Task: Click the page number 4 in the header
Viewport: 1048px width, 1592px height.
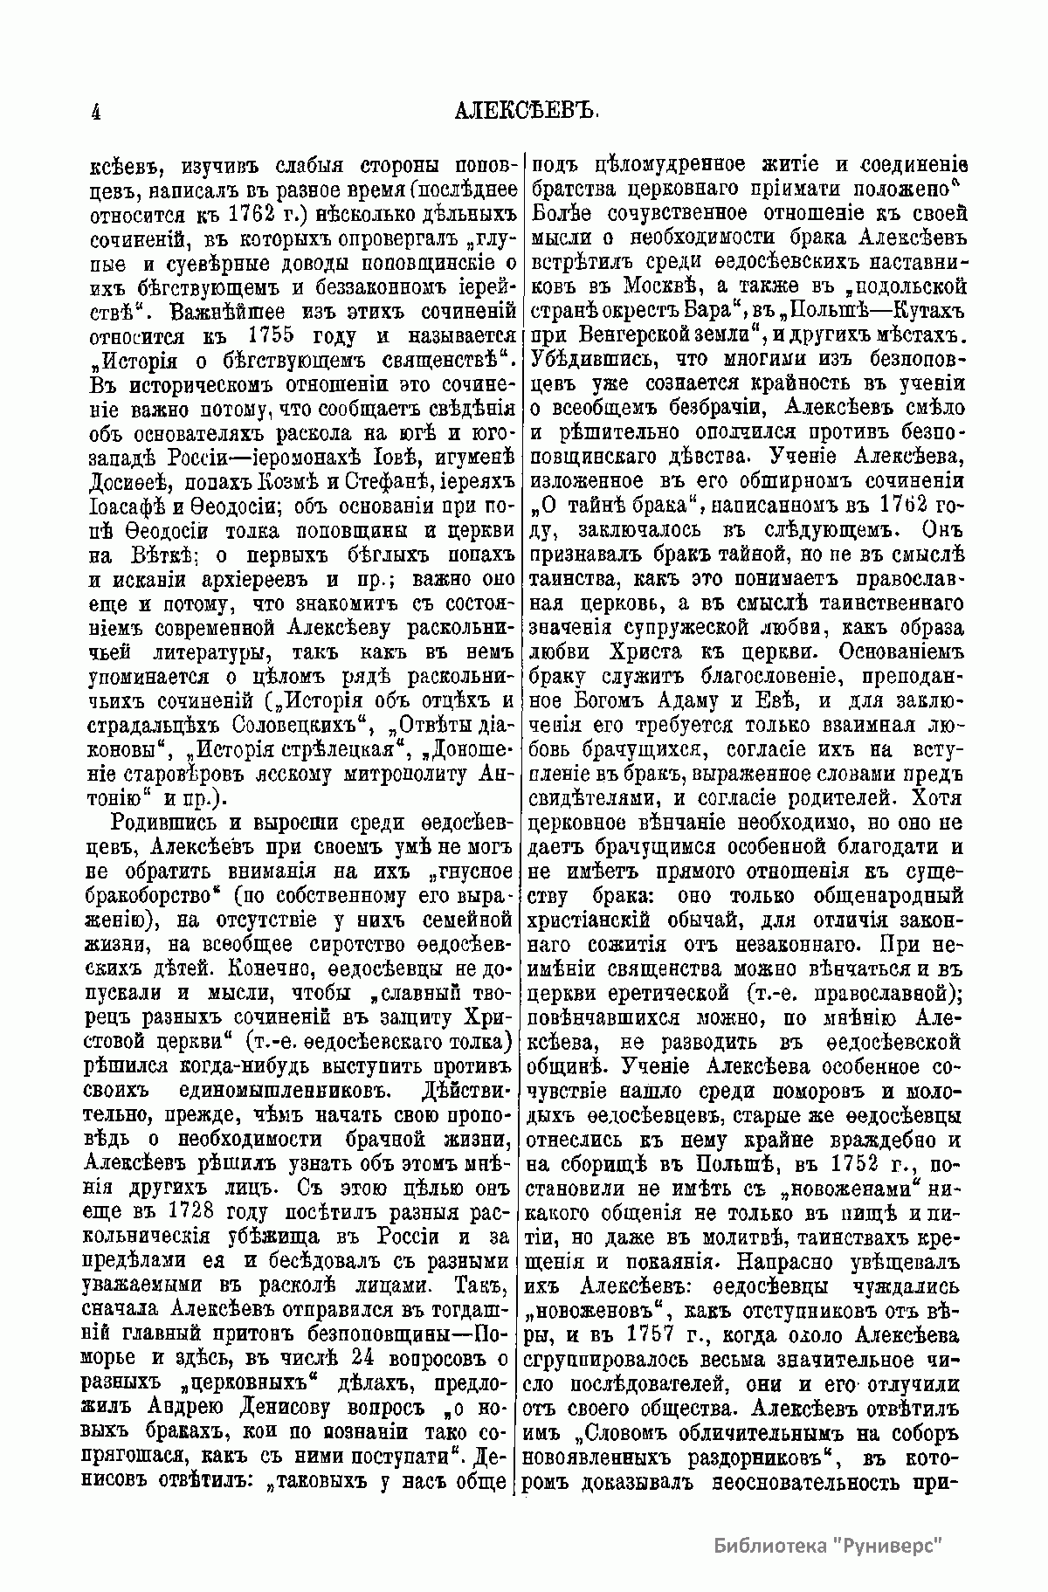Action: [x=94, y=113]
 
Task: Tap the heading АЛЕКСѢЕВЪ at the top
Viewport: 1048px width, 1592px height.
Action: [x=525, y=113]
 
